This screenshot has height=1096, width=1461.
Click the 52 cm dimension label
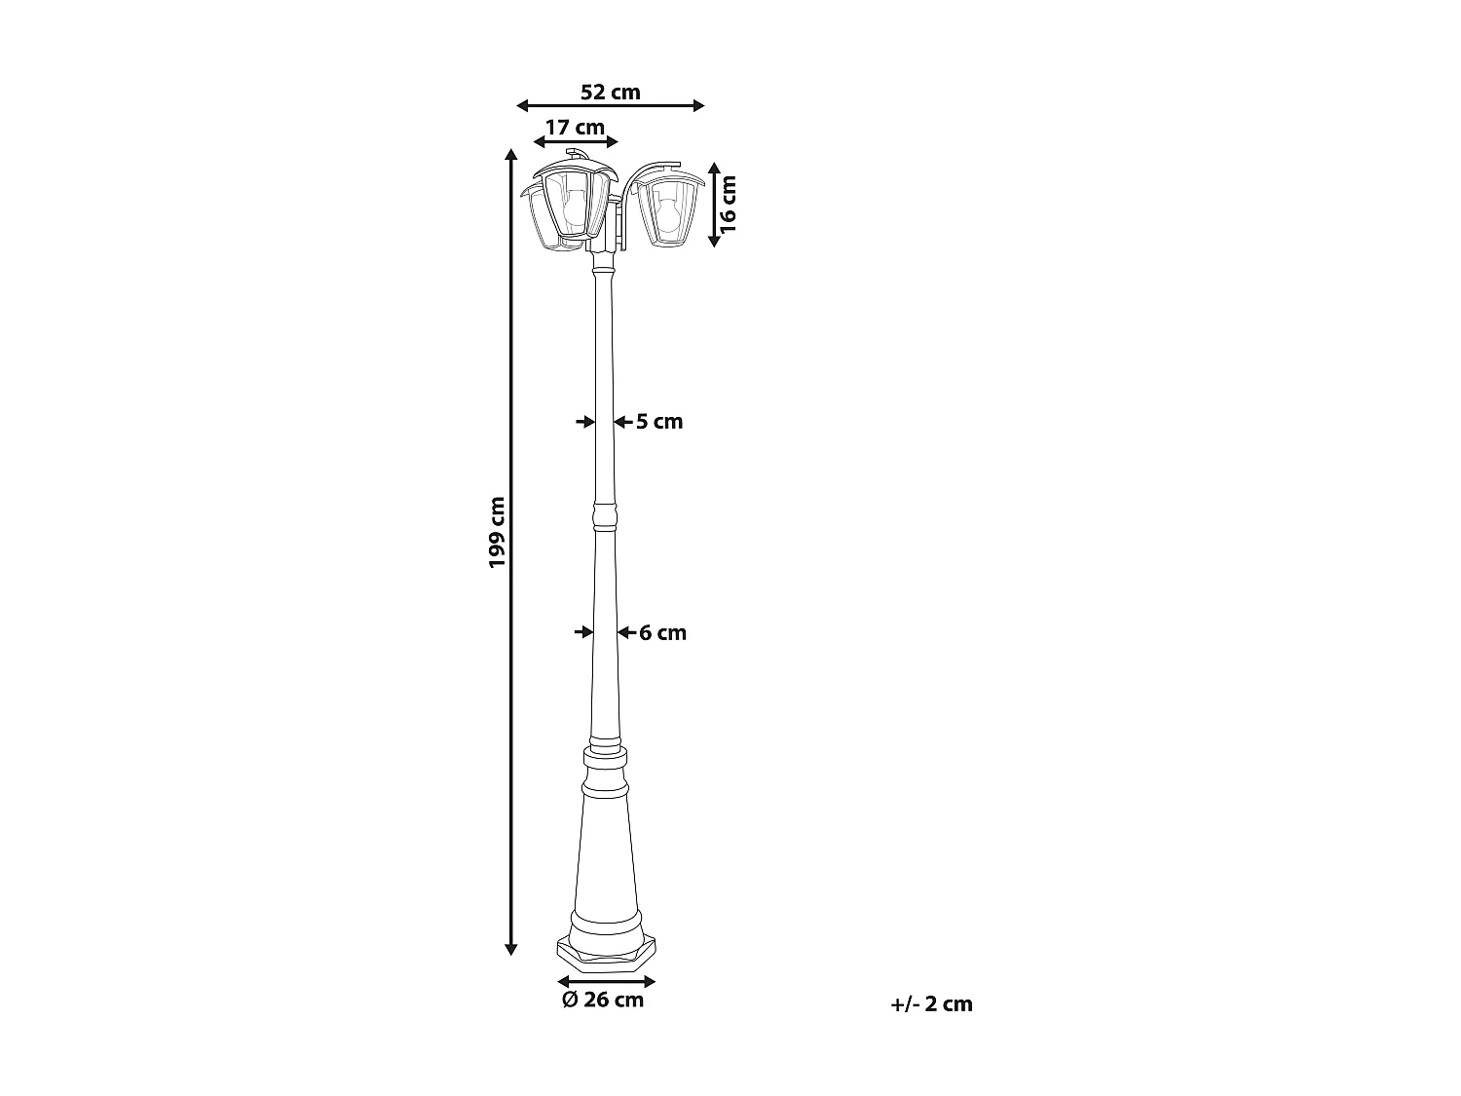point(611,93)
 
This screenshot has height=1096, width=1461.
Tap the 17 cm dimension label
point(575,127)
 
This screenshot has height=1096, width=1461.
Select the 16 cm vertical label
point(728,203)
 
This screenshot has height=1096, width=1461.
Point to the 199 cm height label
point(498,533)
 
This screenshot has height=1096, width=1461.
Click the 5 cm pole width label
point(659,422)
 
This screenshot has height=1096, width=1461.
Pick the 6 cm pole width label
point(662,633)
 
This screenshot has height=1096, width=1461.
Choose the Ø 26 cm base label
point(603,1000)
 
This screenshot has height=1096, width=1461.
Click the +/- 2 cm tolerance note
point(931,1004)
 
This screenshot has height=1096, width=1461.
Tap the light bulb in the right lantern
point(667,210)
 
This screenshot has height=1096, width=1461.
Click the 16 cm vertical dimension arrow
point(714,203)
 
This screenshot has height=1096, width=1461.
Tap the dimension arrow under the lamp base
point(606,981)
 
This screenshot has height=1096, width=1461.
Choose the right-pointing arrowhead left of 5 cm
point(586,422)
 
